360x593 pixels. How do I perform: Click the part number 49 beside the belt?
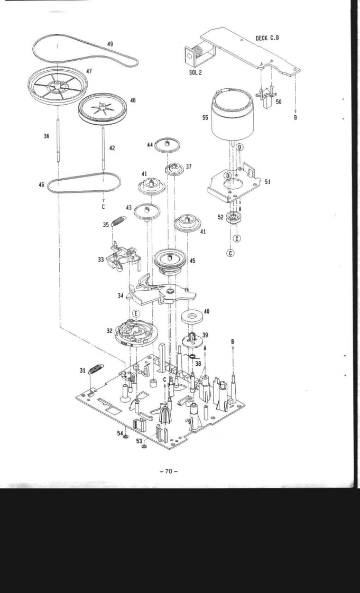coord(109,44)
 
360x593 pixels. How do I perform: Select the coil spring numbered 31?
coord(96,366)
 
